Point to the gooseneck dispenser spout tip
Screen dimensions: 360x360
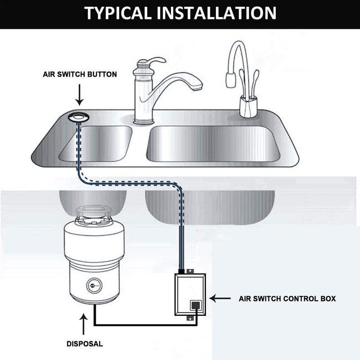[x=230, y=84]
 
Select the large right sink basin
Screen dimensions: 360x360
[x=211, y=144]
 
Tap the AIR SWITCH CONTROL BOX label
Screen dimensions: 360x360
[x=288, y=298]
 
